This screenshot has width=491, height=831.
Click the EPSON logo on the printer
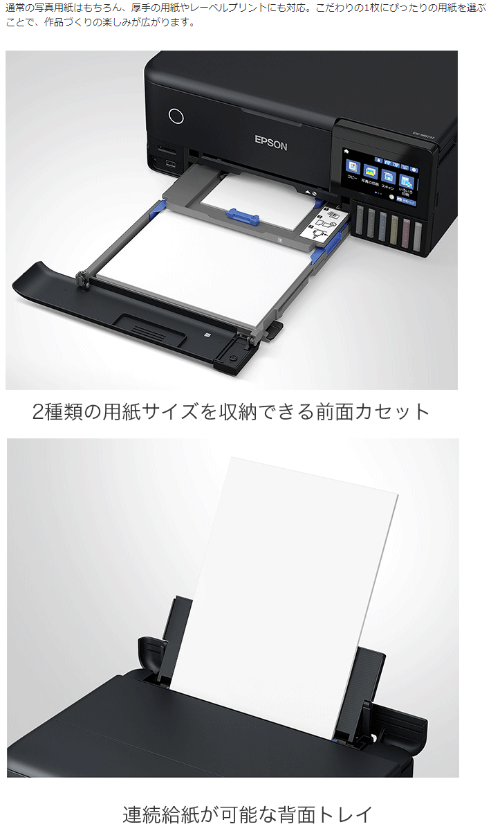270,142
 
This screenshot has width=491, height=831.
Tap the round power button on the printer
176,116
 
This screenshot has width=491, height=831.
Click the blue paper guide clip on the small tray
242,217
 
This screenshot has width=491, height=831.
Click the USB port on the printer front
169,165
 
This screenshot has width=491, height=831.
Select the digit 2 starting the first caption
39,412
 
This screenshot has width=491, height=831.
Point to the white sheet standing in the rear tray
290,589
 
